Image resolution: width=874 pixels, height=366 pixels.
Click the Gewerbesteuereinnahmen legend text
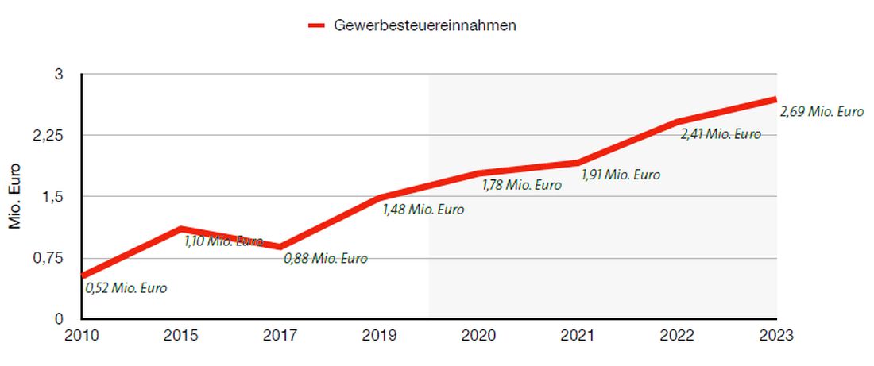(x=425, y=25)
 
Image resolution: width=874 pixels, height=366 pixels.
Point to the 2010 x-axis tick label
(x=81, y=335)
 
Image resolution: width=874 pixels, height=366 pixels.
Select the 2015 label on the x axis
(x=180, y=335)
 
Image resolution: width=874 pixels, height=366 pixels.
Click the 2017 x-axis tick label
(x=280, y=335)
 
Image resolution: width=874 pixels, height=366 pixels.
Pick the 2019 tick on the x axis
(x=379, y=335)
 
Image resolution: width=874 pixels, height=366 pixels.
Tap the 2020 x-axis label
(x=478, y=335)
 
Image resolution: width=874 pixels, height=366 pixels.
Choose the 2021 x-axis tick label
(x=578, y=335)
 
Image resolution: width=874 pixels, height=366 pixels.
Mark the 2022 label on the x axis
(x=677, y=335)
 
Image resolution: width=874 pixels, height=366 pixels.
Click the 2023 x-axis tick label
(x=775, y=335)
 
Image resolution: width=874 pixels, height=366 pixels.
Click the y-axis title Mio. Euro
(x=15, y=197)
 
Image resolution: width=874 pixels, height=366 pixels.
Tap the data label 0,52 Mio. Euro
(x=126, y=288)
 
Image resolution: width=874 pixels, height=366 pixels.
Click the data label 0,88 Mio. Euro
(x=326, y=258)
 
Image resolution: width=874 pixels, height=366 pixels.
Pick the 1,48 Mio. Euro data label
(x=423, y=210)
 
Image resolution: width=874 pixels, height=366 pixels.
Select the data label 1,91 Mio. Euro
(x=621, y=175)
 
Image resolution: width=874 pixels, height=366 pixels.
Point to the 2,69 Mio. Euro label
(x=822, y=112)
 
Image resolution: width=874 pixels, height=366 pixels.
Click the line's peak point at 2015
(x=181, y=229)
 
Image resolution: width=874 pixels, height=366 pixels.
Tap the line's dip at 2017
(x=280, y=247)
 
